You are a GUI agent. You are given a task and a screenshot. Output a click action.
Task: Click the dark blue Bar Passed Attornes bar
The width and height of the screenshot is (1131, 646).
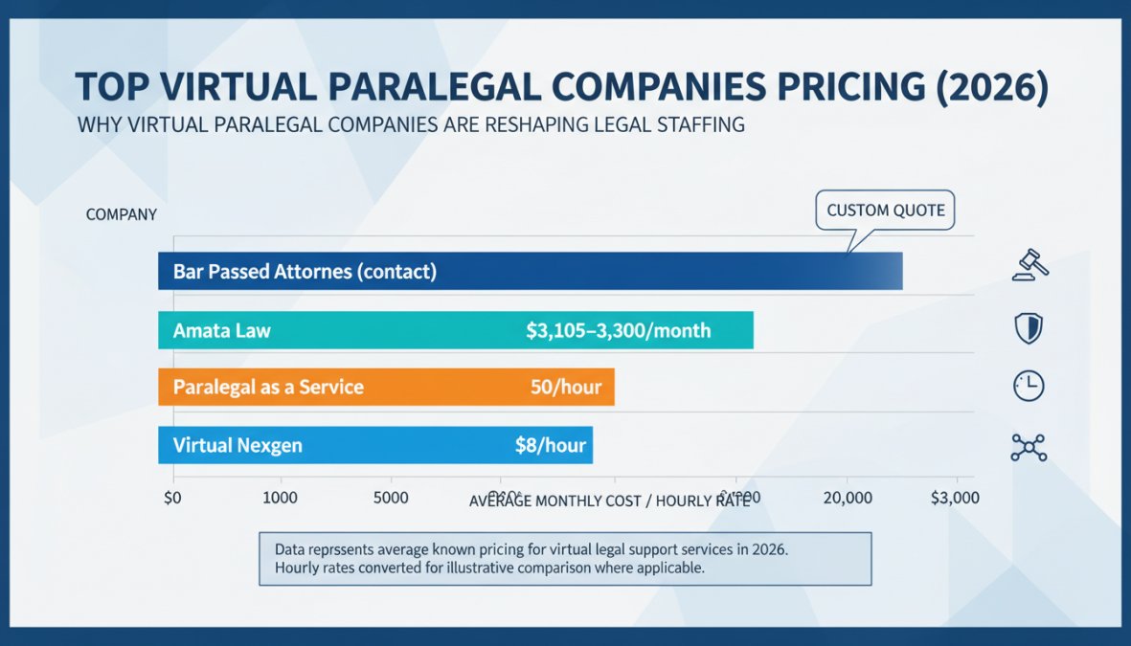pyautogui.click(x=530, y=271)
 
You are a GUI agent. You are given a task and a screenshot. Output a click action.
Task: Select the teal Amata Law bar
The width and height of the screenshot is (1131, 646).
pyautogui.click(x=455, y=330)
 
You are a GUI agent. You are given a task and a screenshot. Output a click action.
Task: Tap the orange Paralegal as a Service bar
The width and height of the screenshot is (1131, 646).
pyautogui.click(x=385, y=388)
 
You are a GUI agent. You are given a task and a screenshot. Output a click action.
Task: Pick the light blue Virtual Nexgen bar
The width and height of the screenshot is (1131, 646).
pyautogui.click(x=374, y=445)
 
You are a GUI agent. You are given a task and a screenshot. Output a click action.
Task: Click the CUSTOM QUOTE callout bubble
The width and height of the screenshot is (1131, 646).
pyautogui.click(x=885, y=211)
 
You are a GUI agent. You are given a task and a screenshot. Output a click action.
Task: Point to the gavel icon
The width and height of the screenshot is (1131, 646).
pyautogui.click(x=1029, y=265)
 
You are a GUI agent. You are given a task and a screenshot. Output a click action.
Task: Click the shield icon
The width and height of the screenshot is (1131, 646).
pyautogui.click(x=1028, y=329)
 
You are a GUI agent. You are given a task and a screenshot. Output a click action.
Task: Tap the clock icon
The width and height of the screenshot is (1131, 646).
pyautogui.click(x=1028, y=387)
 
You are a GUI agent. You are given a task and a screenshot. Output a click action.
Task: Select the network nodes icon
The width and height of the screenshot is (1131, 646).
pyautogui.click(x=1029, y=446)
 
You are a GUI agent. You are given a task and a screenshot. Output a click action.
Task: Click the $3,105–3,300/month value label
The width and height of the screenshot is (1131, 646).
pyautogui.click(x=619, y=331)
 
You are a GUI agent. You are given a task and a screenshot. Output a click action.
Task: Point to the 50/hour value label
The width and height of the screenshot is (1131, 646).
pyautogui.click(x=566, y=388)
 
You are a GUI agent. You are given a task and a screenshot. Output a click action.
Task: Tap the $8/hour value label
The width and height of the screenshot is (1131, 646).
pyautogui.click(x=550, y=445)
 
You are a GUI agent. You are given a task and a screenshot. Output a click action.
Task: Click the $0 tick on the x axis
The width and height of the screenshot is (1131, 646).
pyautogui.click(x=173, y=498)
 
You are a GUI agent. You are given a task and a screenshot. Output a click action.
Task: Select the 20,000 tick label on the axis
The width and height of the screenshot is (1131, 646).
pyautogui.click(x=847, y=498)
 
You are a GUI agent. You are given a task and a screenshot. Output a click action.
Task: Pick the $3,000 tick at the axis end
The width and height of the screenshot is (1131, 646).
pyautogui.click(x=955, y=498)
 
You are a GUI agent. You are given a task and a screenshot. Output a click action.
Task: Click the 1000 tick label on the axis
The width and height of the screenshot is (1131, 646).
pyautogui.click(x=281, y=498)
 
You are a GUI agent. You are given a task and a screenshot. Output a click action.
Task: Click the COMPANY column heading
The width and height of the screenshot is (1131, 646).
pyautogui.click(x=121, y=214)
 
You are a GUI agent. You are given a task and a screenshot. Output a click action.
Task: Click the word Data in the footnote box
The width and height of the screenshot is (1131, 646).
pyautogui.click(x=292, y=550)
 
